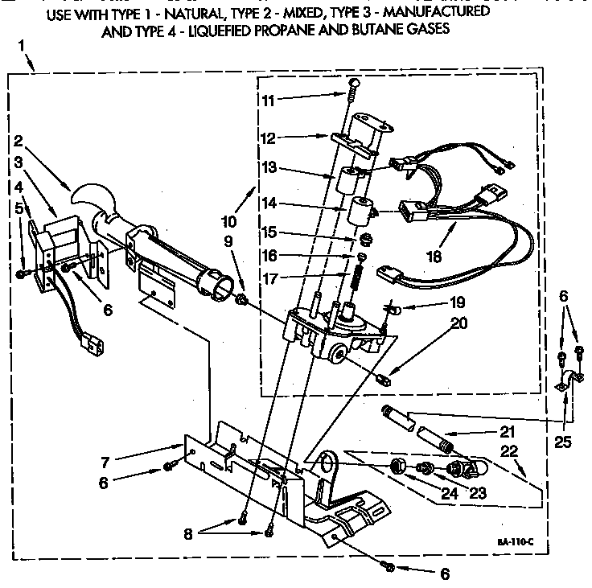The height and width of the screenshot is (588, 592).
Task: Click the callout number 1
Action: [21, 45]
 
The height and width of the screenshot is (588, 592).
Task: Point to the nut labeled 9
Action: [240, 299]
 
